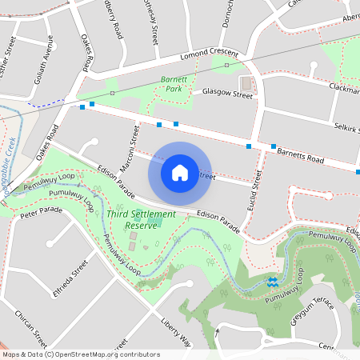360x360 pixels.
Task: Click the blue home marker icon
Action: click(x=180, y=172)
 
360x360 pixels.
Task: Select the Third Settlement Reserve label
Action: click(x=142, y=219)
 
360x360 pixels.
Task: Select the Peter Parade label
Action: click(x=42, y=212)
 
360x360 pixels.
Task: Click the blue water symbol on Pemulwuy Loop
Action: click(x=273, y=282)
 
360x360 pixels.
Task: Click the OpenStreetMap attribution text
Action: click(x=80, y=354)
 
